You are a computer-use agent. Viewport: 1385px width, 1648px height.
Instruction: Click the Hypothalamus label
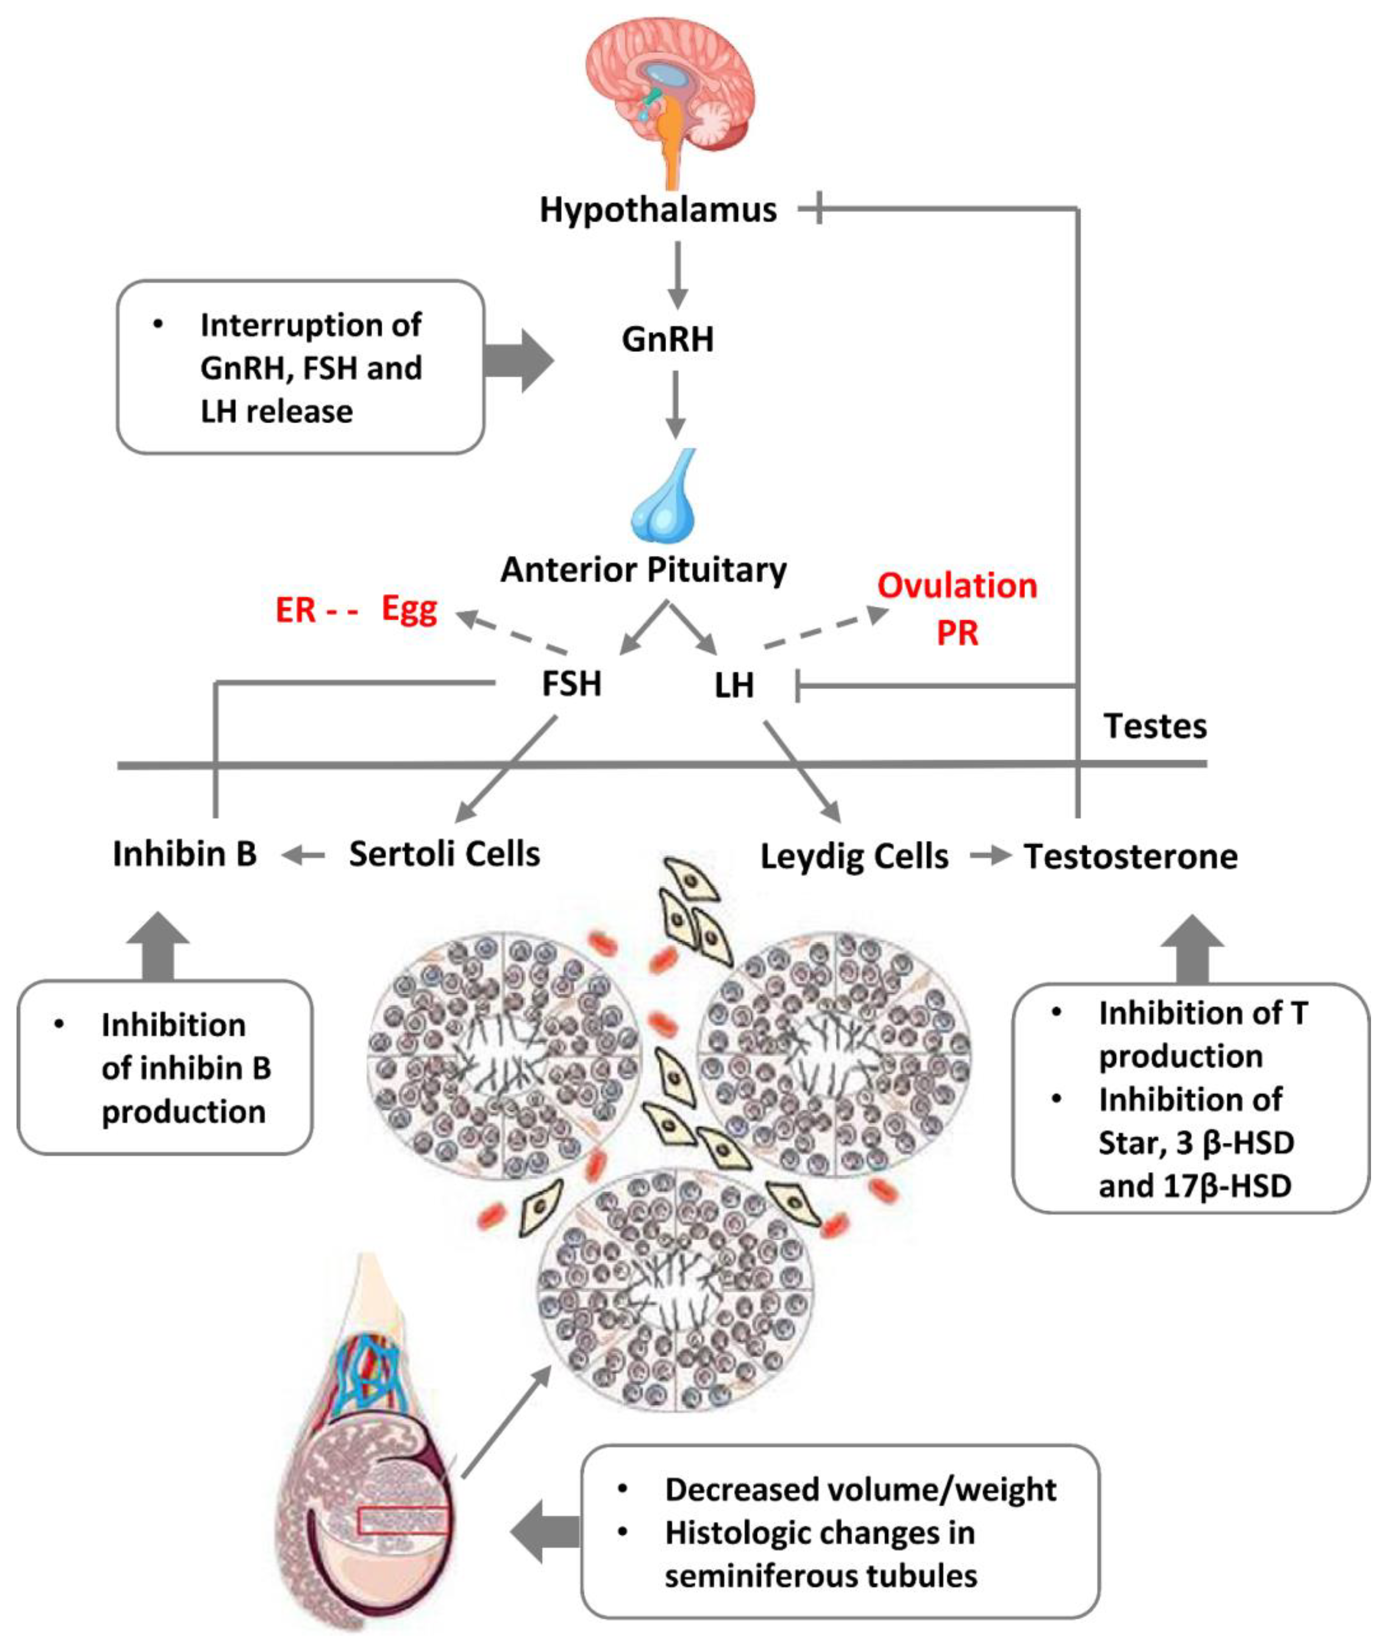click(x=658, y=210)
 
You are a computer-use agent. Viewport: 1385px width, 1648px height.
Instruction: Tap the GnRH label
click(x=667, y=340)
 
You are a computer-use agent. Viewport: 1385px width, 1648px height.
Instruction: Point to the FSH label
click(x=572, y=683)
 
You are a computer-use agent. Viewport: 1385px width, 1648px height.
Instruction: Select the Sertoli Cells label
click(x=445, y=854)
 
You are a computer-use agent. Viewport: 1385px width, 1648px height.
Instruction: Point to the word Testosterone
click(x=1131, y=856)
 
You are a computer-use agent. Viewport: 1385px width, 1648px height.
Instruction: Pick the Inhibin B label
click(x=184, y=854)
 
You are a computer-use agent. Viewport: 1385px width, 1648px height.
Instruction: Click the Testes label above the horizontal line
click(x=1155, y=727)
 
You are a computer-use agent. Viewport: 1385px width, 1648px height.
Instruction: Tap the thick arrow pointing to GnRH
click(x=518, y=361)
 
